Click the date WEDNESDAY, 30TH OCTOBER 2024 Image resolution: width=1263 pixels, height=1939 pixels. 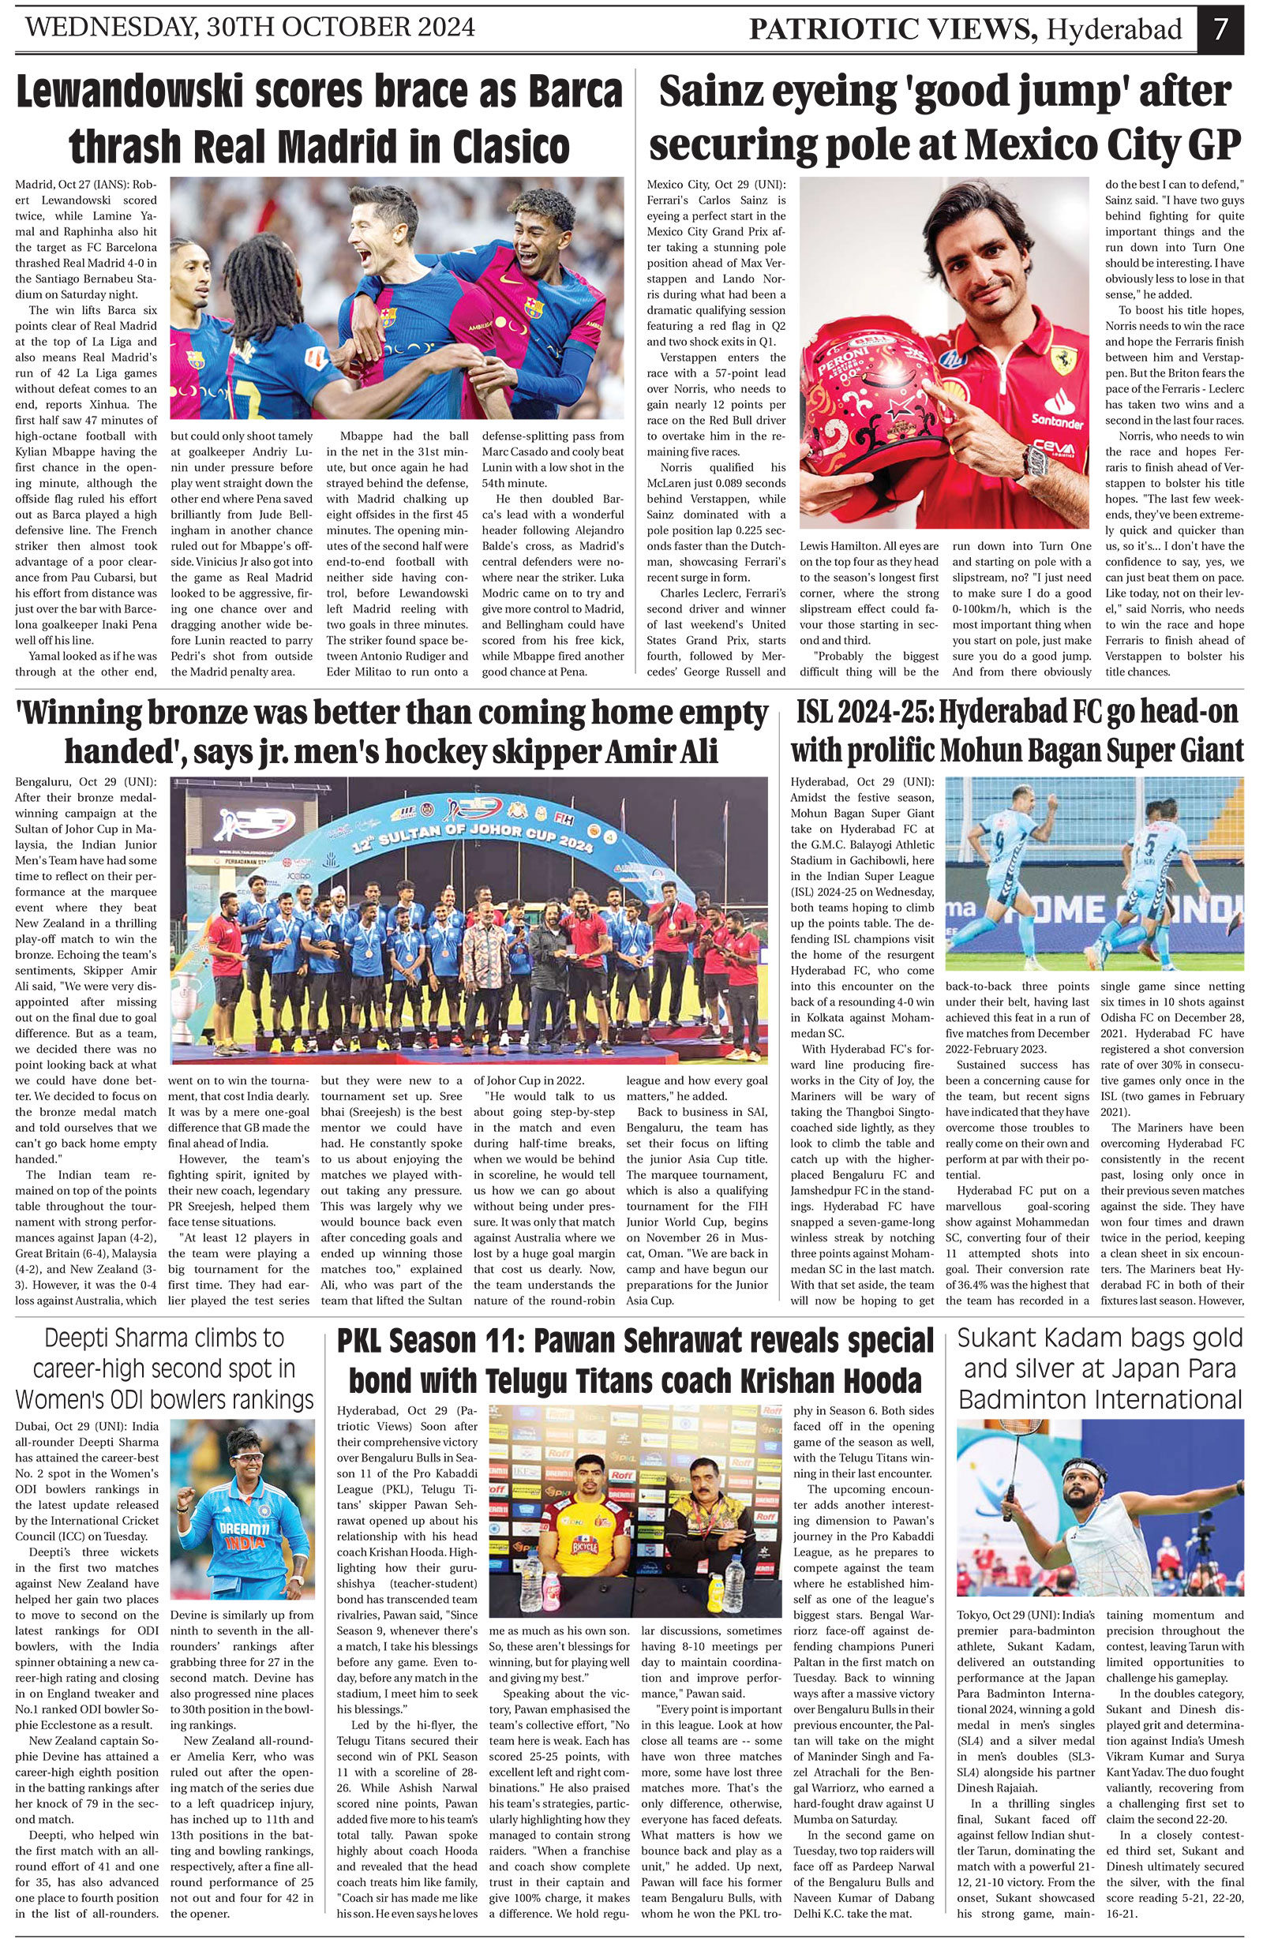(x=250, y=27)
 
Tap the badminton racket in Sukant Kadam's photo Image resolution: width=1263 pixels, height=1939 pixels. (x=1001, y=1442)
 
